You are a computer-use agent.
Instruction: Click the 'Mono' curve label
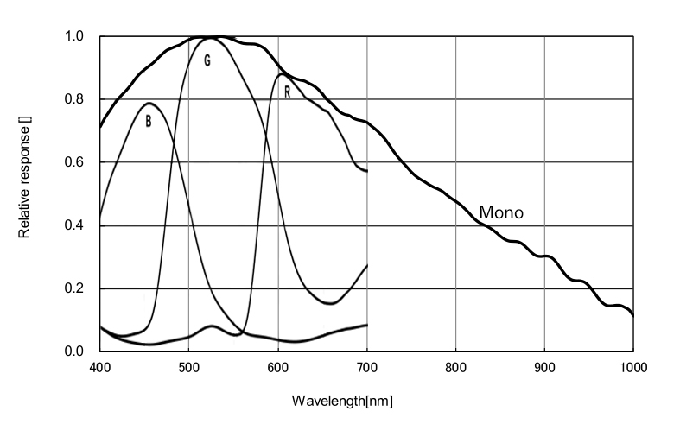(501, 212)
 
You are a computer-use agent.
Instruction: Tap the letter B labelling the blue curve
(149, 122)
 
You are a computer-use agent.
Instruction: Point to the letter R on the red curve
(286, 92)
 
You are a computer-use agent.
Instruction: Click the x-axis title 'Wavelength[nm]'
(343, 401)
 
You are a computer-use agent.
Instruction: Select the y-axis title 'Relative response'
(24, 181)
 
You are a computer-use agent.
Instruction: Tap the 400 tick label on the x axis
(100, 367)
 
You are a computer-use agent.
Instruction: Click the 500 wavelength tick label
(188, 367)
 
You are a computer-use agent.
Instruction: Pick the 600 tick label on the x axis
(277, 367)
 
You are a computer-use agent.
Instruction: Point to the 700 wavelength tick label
(366, 367)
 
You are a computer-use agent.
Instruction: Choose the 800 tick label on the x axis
(455, 367)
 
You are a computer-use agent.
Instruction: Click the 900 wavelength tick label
(544, 367)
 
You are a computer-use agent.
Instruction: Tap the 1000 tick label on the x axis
(632, 367)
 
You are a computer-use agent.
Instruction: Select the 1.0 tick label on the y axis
(74, 37)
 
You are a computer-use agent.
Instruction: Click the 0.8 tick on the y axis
(74, 99)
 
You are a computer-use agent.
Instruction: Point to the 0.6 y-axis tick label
(74, 162)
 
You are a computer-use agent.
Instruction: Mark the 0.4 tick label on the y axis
(74, 225)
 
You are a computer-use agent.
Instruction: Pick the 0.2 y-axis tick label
(74, 288)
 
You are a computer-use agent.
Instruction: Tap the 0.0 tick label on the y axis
(74, 351)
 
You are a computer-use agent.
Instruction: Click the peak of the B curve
(149, 104)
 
